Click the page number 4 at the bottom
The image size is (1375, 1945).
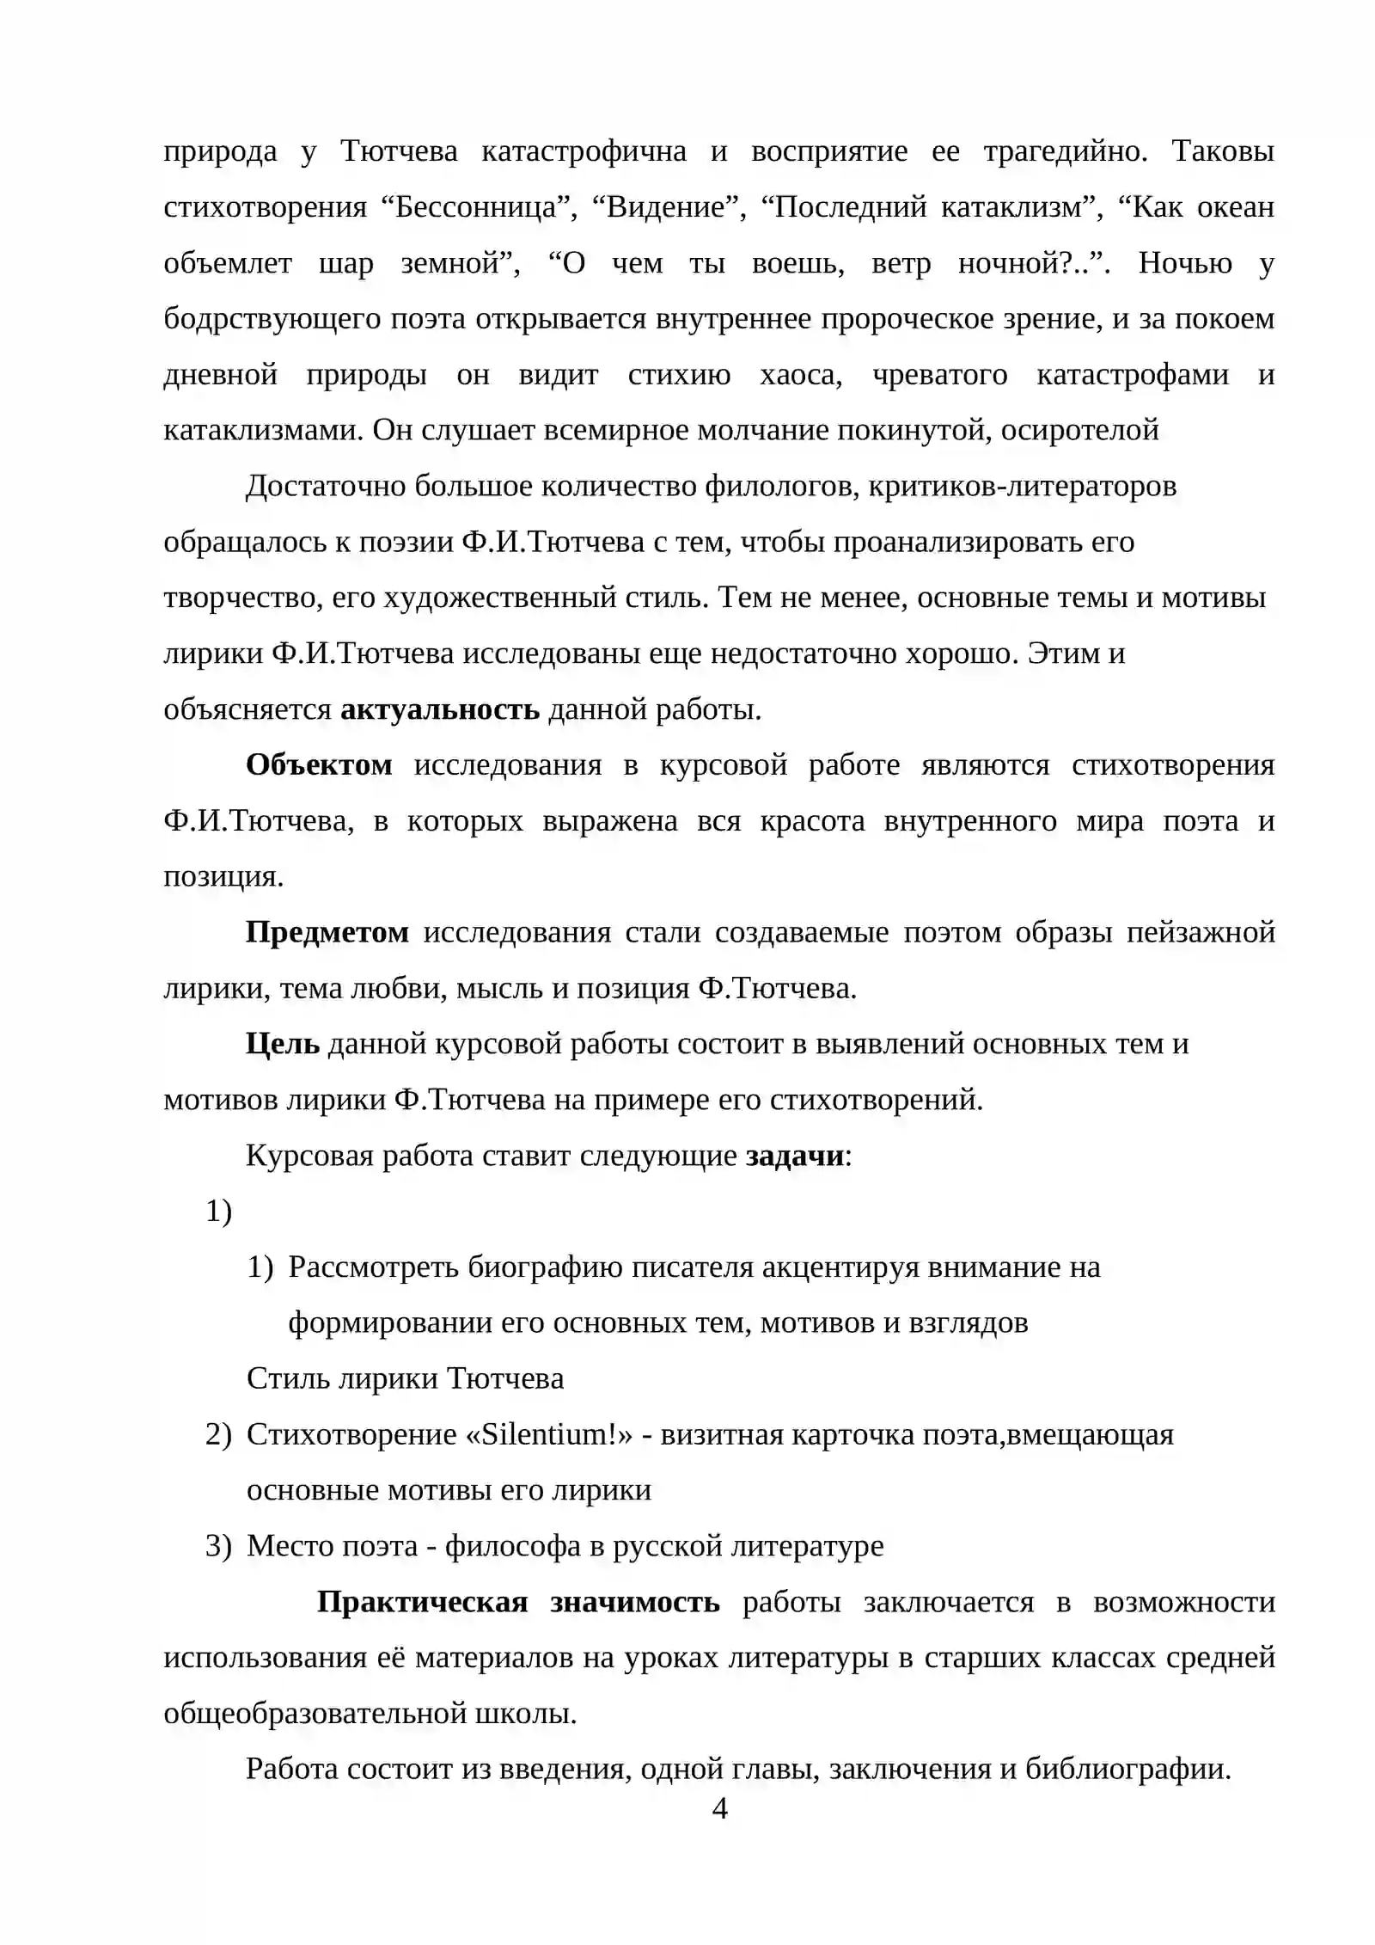(x=720, y=1809)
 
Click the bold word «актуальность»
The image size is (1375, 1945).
(x=440, y=710)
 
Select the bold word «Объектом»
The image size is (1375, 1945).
(x=319, y=765)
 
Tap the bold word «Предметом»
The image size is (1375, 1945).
(x=327, y=932)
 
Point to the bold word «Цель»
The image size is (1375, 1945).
(x=282, y=1044)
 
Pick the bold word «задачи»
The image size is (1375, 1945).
(x=795, y=1156)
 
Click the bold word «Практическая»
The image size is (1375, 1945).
(x=422, y=1602)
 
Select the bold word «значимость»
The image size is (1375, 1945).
(x=635, y=1602)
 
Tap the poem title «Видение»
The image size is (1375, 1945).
(x=666, y=208)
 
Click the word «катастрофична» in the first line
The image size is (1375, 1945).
(x=584, y=152)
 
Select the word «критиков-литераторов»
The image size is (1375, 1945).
(x=1022, y=487)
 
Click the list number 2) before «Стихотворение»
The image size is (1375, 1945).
(x=218, y=1434)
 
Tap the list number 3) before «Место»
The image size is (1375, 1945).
(x=218, y=1546)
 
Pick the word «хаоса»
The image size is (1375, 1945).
(x=801, y=375)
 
